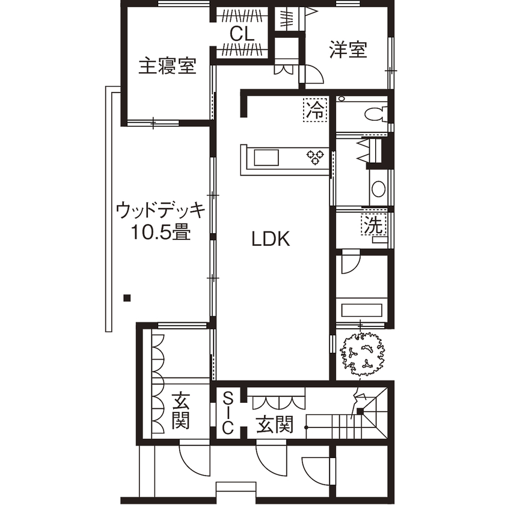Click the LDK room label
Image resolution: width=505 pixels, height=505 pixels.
[271, 240]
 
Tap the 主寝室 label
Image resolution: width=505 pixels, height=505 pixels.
[168, 66]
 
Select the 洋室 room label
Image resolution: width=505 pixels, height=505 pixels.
[348, 50]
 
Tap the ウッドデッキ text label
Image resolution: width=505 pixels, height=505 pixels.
[161, 211]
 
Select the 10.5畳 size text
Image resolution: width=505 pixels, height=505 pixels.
[161, 232]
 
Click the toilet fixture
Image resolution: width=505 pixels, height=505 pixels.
[376, 112]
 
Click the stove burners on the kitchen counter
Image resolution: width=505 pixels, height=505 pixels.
[314, 157]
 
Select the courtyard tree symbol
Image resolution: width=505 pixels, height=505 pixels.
[362, 354]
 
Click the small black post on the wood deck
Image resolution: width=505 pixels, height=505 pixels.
[126, 297]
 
